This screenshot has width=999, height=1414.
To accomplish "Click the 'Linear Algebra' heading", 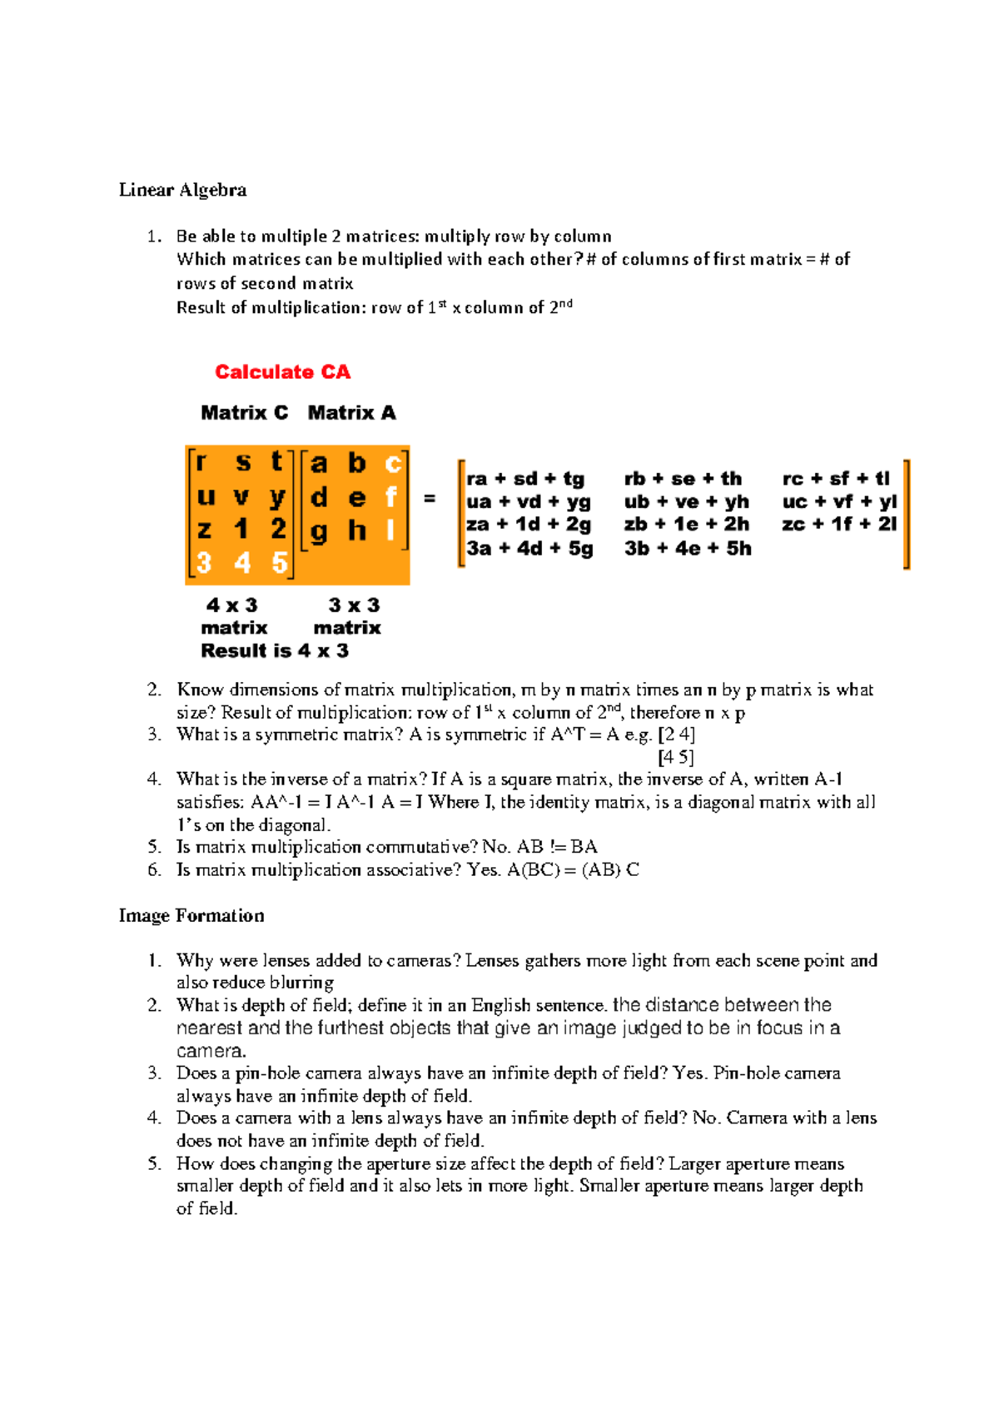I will pyautogui.click(x=182, y=190).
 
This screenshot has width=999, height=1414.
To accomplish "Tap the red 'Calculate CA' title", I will pyautogui.click(x=282, y=372).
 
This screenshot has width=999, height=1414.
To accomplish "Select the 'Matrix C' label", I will pyautogui.click(x=244, y=413).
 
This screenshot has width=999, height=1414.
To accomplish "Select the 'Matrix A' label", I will pyautogui.click(x=351, y=413).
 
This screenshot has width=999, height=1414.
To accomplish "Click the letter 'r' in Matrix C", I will pyautogui.click(x=202, y=462).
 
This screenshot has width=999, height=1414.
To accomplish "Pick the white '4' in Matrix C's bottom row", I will pyautogui.click(x=242, y=564).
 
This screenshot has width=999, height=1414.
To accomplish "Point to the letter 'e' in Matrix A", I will pyautogui.click(x=356, y=498).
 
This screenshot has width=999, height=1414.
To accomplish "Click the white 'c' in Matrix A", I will pyautogui.click(x=392, y=463).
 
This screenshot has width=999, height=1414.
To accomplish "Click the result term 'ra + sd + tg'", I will pyautogui.click(x=525, y=479).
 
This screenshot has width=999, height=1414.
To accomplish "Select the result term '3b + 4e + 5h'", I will pyautogui.click(x=688, y=549).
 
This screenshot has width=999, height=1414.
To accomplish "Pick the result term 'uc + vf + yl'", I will pyautogui.click(x=839, y=502).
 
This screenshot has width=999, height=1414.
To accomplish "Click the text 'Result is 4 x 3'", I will pyautogui.click(x=274, y=651).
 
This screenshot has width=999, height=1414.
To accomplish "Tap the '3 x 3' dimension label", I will pyautogui.click(x=354, y=605).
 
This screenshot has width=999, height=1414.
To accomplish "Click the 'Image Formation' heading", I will pyautogui.click(x=191, y=916).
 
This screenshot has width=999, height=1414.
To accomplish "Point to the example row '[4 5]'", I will pyautogui.click(x=675, y=757).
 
